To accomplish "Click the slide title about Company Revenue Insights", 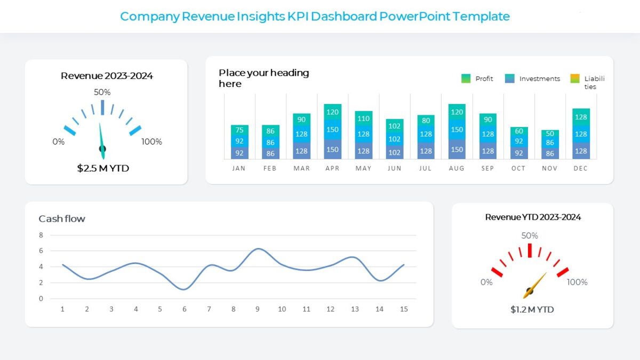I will (315, 17).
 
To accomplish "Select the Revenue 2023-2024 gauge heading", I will (107, 76).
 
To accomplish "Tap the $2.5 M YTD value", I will (103, 169).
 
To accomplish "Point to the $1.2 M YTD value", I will (532, 309).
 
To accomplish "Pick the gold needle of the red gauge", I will (535, 285).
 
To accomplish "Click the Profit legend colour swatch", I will (466, 78).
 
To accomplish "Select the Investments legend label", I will (540, 78).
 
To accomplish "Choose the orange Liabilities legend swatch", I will (574, 78).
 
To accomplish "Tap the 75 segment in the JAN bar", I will (239, 130).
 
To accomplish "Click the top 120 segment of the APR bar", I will (333, 112).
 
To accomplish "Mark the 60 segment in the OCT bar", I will (519, 131).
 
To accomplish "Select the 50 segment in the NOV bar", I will (550, 133).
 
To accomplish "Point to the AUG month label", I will (457, 168).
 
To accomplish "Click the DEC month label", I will (580, 168).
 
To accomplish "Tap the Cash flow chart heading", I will (62, 219).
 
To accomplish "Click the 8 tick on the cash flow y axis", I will (41, 235).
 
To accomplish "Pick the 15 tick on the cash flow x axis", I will (404, 309).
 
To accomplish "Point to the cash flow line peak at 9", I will (258, 249).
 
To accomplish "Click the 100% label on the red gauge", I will (577, 282).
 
